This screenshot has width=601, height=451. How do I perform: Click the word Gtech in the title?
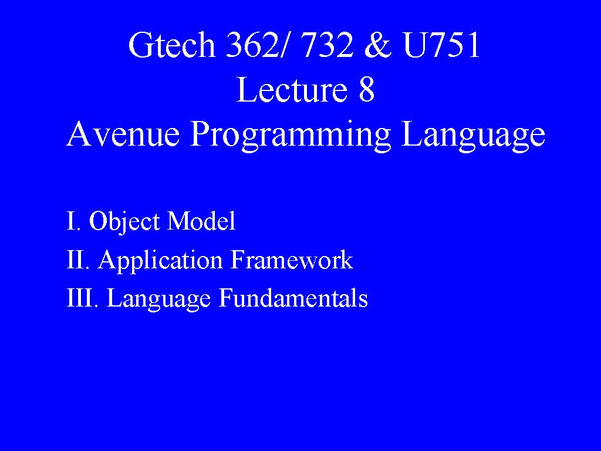point(172,45)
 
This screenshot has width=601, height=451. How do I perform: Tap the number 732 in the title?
point(326,45)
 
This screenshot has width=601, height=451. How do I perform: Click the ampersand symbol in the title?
point(377,45)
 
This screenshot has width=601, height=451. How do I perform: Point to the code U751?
point(441,45)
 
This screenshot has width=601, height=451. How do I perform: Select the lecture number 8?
point(366,89)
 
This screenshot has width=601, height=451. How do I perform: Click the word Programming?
point(291,136)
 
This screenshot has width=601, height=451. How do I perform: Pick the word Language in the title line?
point(473,136)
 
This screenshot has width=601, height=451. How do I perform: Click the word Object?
point(124,221)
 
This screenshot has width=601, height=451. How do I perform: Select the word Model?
point(201,221)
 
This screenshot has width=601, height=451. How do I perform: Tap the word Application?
point(160,261)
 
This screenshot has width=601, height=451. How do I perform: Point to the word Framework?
point(292,260)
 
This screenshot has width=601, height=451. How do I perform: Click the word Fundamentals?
point(293,298)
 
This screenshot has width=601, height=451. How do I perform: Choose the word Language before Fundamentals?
point(158,299)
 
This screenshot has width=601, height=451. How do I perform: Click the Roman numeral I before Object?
point(70,221)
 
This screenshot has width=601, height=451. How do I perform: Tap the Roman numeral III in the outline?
point(80,298)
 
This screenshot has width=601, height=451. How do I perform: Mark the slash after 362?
point(283,45)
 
